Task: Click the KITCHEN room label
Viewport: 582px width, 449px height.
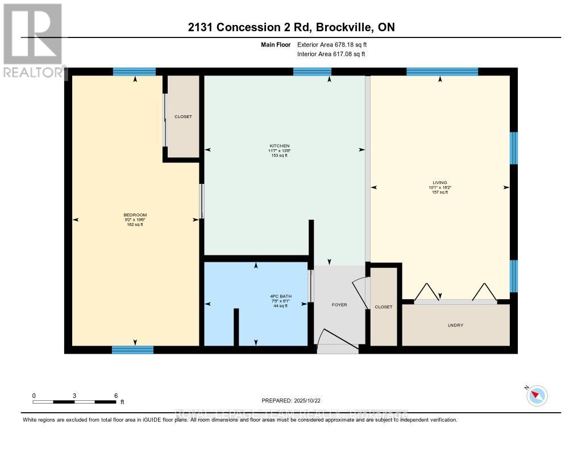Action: pos(279,146)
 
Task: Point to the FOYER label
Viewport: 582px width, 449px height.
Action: pos(339,305)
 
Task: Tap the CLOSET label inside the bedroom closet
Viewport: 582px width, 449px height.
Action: pos(183,116)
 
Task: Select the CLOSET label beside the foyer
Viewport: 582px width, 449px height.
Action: pos(384,307)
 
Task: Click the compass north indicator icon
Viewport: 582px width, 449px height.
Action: pos(537,396)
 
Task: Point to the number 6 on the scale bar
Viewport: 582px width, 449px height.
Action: pos(116,396)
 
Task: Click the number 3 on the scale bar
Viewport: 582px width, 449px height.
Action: pos(74,396)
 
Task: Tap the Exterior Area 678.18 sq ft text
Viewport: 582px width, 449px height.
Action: pos(336,44)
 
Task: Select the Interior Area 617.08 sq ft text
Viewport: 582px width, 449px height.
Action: pos(331,54)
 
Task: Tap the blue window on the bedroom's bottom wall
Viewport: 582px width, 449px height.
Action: pos(132,350)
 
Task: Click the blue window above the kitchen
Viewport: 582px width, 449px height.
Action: pos(312,72)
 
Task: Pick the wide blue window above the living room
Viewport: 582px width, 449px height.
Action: pos(442,72)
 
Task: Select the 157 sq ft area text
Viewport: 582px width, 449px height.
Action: pos(439,192)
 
